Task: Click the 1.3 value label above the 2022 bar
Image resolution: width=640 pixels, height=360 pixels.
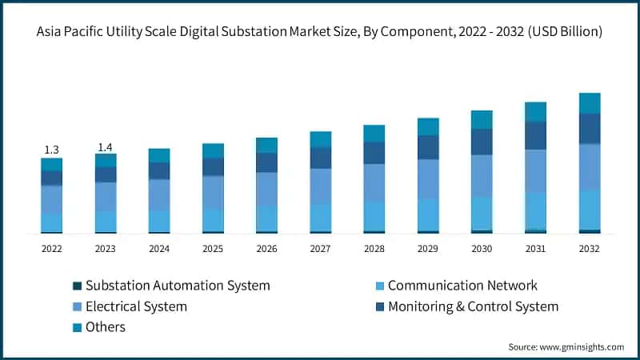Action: (51, 150)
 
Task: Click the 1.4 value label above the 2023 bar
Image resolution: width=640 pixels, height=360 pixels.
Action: (105, 147)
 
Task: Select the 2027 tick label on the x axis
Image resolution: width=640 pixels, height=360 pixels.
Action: (320, 249)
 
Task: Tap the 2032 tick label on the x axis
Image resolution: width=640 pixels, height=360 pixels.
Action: (589, 249)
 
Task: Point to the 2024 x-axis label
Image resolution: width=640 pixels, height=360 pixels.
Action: (158, 249)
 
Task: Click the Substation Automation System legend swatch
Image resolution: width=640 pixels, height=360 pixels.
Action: (77, 286)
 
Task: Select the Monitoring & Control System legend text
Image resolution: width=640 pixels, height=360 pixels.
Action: (473, 306)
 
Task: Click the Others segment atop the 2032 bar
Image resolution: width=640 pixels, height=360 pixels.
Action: (590, 103)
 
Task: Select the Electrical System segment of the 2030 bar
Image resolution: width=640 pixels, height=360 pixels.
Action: (482, 175)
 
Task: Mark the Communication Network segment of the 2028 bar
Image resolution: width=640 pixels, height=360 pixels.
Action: (374, 215)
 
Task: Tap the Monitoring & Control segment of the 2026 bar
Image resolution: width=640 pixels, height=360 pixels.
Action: (266, 162)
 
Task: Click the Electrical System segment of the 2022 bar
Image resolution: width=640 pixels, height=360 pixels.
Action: (51, 199)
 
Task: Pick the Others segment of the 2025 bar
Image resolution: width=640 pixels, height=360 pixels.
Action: (213, 150)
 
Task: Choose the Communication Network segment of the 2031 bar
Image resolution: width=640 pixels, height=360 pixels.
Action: (535, 210)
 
